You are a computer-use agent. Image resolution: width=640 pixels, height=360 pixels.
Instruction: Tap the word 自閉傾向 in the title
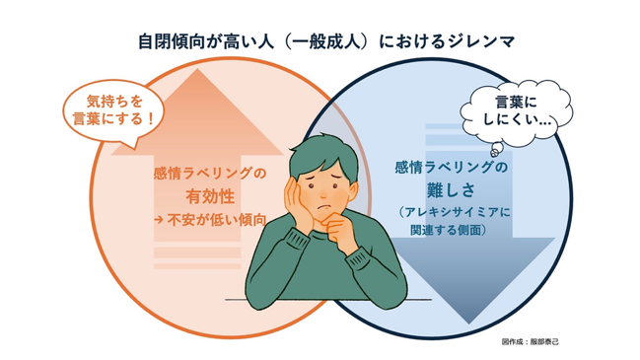coord(172,41)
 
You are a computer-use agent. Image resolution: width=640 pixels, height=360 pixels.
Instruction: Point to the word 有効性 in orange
coord(210,196)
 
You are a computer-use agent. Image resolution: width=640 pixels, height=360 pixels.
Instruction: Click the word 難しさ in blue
coord(452,189)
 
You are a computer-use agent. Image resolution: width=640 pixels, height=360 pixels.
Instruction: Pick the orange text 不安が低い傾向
coord(216,220)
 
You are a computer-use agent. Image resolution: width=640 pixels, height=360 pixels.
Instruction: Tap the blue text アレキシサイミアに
coord(455,212)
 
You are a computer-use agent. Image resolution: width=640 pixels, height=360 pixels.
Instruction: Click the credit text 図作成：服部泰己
coord(530,342)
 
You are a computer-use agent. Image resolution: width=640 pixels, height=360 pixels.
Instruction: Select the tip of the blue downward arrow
coord(470,324)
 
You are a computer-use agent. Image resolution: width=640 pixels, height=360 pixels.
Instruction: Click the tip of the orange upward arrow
coord(197,69)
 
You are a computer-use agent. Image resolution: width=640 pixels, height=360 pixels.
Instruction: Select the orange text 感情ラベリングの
coord(210,174)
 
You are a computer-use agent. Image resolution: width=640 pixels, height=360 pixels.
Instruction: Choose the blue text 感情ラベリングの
coord(452,167)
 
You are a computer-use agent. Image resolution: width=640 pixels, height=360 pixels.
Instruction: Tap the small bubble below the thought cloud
coord(495,150)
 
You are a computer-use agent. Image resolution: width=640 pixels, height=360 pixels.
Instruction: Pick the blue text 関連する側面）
coord(449,230)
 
